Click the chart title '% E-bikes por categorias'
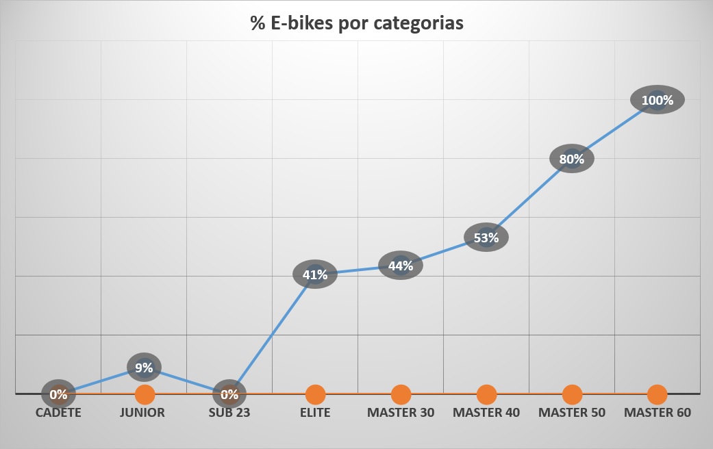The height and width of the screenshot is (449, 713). (356, 23)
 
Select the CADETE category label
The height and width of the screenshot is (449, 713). (58, 413)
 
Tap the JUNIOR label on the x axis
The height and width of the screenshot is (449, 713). (143, 413)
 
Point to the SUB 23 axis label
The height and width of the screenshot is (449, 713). (229, 413)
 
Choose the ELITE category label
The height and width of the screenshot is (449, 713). (315, 413)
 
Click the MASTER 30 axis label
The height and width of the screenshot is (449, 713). (401, 413)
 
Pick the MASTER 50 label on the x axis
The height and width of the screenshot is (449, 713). (572, 413)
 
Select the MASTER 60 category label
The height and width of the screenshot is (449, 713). (658, 413)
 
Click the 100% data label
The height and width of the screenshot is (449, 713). (658, 101)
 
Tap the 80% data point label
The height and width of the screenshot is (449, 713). (572, 159)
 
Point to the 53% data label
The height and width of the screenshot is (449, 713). (486, 238)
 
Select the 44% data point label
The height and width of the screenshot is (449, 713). (401, 266)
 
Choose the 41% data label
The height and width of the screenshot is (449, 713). (315, 275)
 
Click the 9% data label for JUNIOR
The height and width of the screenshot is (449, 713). (144, 368)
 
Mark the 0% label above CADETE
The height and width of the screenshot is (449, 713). (58, 394)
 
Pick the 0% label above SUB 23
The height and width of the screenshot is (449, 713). (229, 394)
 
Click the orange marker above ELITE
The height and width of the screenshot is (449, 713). (315, 394)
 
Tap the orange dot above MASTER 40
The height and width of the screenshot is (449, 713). (486, 394)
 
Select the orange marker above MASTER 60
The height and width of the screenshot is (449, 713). (658, 394)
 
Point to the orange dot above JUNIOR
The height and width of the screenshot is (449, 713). (145, 394)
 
